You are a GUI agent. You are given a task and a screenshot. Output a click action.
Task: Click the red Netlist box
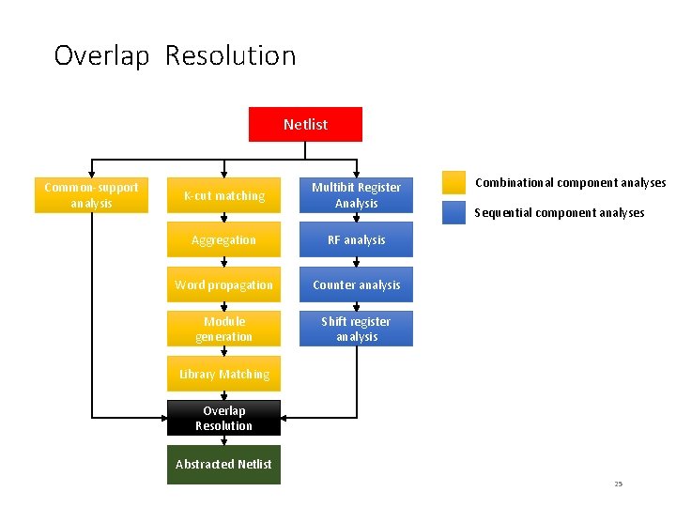[305, 124]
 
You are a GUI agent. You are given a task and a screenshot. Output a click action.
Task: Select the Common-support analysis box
[91, 195]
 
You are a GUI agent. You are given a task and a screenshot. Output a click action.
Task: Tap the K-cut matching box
[223, 195]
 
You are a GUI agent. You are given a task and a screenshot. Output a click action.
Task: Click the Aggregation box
[223, 239]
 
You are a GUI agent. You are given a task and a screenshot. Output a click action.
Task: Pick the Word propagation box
[223, 284]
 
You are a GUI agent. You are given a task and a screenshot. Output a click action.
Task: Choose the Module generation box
[223, 329]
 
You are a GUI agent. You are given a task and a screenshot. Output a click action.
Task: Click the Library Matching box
[223, 374]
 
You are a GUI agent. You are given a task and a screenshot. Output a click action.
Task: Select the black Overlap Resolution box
[223, 418]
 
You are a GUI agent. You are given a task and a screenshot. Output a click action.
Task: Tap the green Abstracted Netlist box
[223, 464]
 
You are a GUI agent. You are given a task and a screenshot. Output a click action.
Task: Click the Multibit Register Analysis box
[356, 195]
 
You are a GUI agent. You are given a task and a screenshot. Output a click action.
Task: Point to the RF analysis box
[356, 239]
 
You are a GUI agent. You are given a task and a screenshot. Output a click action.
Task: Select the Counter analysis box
[356, 284]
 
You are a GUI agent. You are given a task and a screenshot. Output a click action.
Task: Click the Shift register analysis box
[356, 329]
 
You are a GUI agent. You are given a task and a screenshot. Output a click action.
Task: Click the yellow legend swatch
[454, 182]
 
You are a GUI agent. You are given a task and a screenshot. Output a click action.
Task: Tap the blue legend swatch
[454, 212]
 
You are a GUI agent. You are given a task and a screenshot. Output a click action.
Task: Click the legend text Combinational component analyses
[570, 183]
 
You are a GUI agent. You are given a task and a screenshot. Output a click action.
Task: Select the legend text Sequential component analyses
[559, 213]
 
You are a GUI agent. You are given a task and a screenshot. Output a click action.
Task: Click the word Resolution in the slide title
[230, 56]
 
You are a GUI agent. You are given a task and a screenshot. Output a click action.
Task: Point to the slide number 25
[618, 484]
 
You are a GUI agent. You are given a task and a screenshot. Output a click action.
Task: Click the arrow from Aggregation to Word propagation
[223, 262]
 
